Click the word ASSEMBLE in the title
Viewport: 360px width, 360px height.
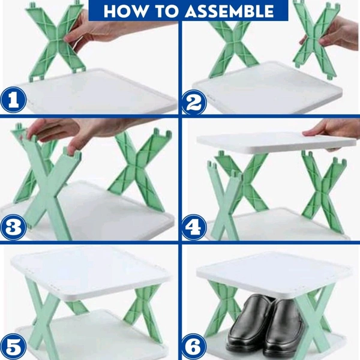[229, 11]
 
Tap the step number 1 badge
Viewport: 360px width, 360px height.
[14, 100]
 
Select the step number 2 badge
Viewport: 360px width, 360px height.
[194, 102]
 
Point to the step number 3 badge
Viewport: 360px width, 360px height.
[14, 227]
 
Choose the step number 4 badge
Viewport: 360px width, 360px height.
[194, 227]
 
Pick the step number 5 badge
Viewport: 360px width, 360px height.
[14, 346]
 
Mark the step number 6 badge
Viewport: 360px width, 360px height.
[194, 347]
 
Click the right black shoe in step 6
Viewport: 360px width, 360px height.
[284, 331]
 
